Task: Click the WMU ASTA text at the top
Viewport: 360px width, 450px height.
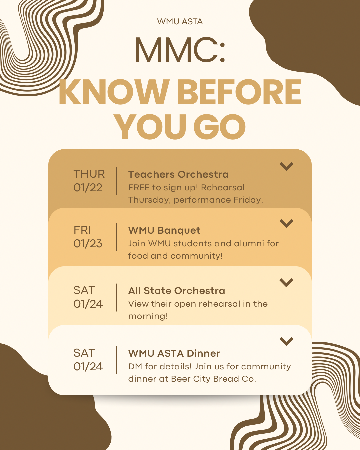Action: [180, 22]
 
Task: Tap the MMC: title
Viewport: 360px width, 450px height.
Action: [180, 50]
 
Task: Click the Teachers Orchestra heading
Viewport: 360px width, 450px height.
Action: [178, 174]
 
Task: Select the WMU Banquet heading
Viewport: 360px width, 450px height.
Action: [164, 230]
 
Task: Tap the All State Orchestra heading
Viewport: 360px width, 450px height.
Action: [177, 291]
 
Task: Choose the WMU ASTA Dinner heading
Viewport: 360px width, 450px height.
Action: [174, 353]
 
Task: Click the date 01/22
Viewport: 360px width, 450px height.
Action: [88, 188]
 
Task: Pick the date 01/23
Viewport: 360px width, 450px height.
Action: [88, 244]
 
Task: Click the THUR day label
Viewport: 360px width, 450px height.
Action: [89, 174]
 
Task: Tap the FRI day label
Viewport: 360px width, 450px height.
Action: [82, 230]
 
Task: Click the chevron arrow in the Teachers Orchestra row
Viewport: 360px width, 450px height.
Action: [286, 166]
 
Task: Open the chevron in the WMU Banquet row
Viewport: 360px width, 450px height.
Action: [286, 223]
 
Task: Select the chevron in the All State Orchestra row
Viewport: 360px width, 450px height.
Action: [286, 282]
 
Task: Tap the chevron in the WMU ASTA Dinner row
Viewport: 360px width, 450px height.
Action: [286, 341]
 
